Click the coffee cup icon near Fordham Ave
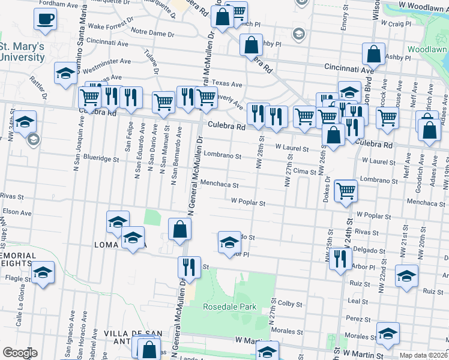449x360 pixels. (x=45, y=19)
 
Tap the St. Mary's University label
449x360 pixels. (x=22, y=52)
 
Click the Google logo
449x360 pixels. (x=20, y=353)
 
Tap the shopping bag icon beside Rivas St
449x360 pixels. (x=179, y=229)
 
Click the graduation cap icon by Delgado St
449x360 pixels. (x=229, y=243)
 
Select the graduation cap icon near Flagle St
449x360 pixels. (x=43, y=273)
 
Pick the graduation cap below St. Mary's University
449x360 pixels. (x=65, y=74)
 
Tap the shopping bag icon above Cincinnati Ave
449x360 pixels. (x=373, y=55)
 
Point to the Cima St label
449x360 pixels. (x=304, y=172)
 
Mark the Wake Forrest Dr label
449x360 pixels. (x=110, y=23)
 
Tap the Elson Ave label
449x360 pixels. (x=17, y=212)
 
